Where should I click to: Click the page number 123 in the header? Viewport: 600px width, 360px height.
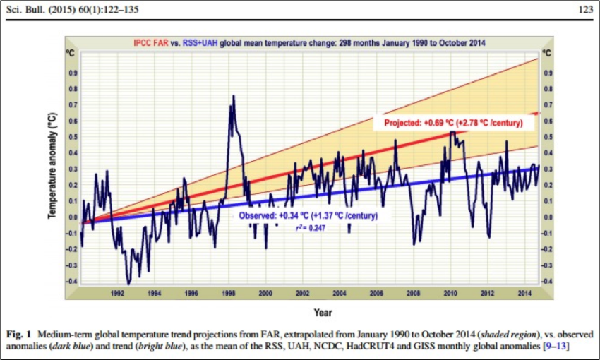584,9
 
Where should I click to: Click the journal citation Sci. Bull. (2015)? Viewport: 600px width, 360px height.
42,9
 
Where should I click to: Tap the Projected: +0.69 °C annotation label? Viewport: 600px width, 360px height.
452,123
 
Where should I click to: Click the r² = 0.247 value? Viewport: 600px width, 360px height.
309,228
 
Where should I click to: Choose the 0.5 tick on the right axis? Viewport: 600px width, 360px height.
546,137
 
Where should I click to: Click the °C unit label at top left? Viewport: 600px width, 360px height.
71,54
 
